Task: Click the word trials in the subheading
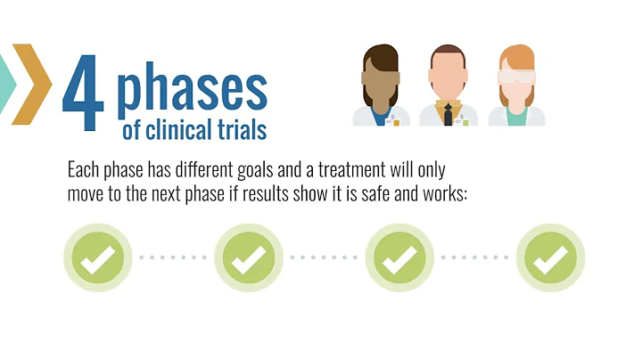point(243,130)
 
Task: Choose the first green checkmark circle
point(97,258)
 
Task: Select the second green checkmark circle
point(249,258)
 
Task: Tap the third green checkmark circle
point(400,258)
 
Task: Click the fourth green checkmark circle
point(551,258)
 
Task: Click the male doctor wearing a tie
point(449,85)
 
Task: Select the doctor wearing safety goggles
point(517,85)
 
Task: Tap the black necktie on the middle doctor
point(449,114)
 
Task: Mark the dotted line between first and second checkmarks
point(173,258)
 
